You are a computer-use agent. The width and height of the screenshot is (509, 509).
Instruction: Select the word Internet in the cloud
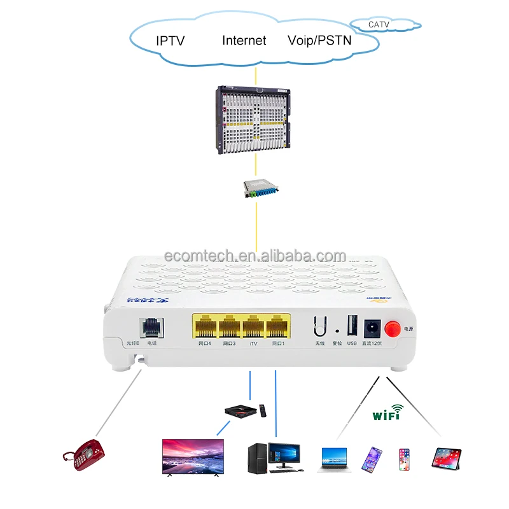pyautogui.click(x=244, y=41)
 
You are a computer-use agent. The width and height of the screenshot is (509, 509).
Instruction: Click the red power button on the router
pyautogui.click(x=393, y=328)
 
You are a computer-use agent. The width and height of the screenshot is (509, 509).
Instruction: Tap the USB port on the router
pyautogui.click(x=352, y=326)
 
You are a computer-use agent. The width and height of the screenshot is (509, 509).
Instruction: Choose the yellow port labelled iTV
pyautogui.click(x=253, y=328)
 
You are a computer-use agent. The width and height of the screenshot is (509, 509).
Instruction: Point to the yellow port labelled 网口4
pyautogui.click(x=205, y=328)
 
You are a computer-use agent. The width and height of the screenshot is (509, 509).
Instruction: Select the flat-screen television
pyautogui.click(x=193, y=456)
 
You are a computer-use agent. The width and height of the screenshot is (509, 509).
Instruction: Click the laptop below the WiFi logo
pyautogui.click(x=334, y=457)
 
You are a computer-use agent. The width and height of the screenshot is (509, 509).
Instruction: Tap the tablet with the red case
pyautogui.click(x=446, y=457)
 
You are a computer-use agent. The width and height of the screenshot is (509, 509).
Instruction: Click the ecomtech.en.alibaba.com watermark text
pyautogui.click(x=254, y=256)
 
